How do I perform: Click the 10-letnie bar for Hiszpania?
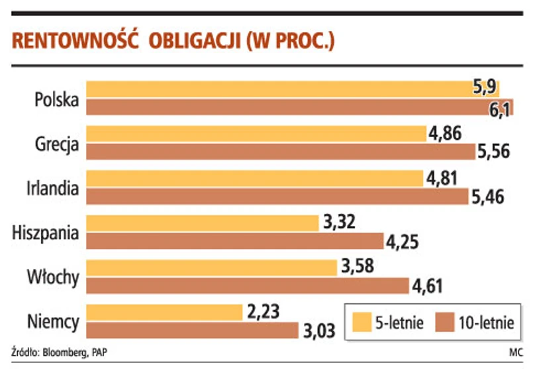point(235,241)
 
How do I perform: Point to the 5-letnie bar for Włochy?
point(212,268)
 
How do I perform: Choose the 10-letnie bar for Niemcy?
point(192,330)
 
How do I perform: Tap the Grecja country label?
point(58,144)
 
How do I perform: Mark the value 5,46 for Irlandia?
point(493,196)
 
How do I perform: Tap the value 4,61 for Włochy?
point(427,286)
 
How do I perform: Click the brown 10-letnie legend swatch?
point(446,323)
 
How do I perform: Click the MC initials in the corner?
point(515,351)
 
